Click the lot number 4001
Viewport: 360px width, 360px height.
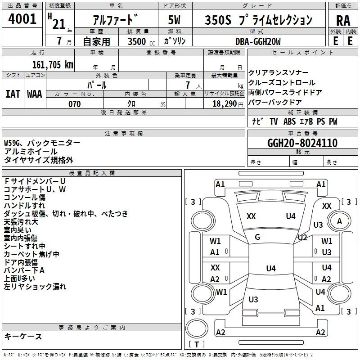pyautogui.click(x=22, y=19)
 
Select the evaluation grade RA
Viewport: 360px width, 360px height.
pyautogui.click(x=343, y=20)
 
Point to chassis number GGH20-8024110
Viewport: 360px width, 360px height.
pyautogui.click(x=302, y=144)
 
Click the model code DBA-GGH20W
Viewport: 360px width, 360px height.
pyautogui.click(x=258, y=41)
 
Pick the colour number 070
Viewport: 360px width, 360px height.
pyautogui.click(x=74, y=104)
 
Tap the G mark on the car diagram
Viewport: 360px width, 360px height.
pyautogui.click(x=257, y=237)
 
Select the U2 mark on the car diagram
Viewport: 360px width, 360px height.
pyautogui.click(x=302, y=237)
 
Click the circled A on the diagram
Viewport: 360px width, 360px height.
pyautogui.click(x=340, y=221)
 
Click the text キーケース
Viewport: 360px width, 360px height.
pyautogui.click(x=23, y=337)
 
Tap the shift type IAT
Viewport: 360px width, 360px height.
pyautogui.click(x=13, y=94)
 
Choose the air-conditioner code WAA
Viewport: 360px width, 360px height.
pyautogui.click(x=35, y=94)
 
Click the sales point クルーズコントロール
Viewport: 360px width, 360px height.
pyautogui.click(x=282, y=83)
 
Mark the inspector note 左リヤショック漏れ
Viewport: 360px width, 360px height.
pyautogui.click(x=35, y=287)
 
